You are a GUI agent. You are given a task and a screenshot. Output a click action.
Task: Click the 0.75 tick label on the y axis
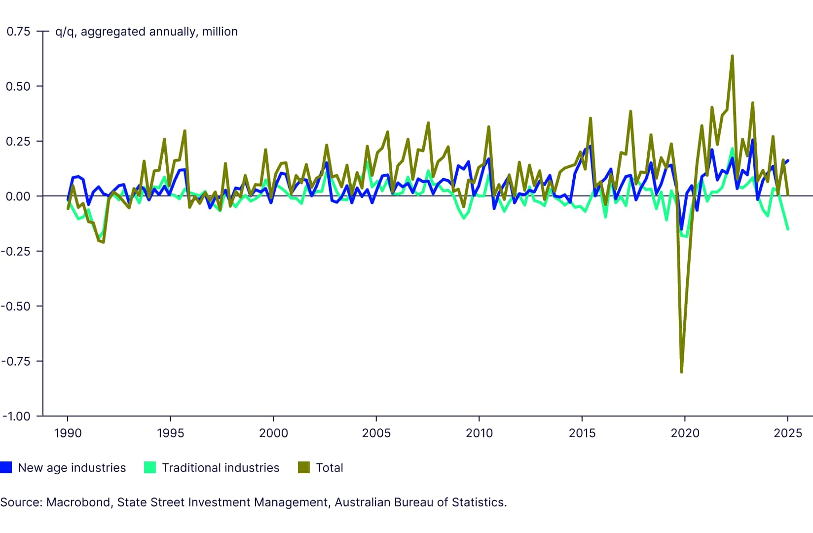point(18,32)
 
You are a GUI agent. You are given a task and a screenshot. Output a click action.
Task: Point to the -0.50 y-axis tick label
point(16,306)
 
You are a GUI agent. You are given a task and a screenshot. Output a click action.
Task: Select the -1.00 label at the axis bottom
point(16,417)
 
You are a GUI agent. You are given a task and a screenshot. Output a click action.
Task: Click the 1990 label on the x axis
point(68,433)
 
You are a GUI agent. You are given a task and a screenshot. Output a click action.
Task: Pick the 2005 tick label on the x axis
point(376,433)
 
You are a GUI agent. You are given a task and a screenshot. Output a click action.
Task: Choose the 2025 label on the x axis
point(788,433)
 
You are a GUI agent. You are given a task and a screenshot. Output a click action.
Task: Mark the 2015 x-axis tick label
point(582,433)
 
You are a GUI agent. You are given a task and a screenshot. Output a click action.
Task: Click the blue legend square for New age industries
point(6,467)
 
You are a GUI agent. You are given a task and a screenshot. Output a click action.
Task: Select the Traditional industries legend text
point(221,468)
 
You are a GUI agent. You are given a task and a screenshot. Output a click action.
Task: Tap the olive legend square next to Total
point(304,467)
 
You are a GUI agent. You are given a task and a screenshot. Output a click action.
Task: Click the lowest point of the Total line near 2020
point(681,372)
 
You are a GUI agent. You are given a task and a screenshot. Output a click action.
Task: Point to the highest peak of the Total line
point(732,56)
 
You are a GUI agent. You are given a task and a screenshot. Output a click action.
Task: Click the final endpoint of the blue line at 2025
point(788,160)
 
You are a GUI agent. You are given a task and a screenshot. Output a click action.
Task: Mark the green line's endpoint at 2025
point(788,229)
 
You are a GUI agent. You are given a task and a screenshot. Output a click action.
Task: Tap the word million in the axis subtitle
point(220,32)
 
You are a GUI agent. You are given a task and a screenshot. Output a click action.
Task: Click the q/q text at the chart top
point(65,32)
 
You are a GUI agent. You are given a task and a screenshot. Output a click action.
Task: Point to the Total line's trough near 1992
point(103,242)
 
